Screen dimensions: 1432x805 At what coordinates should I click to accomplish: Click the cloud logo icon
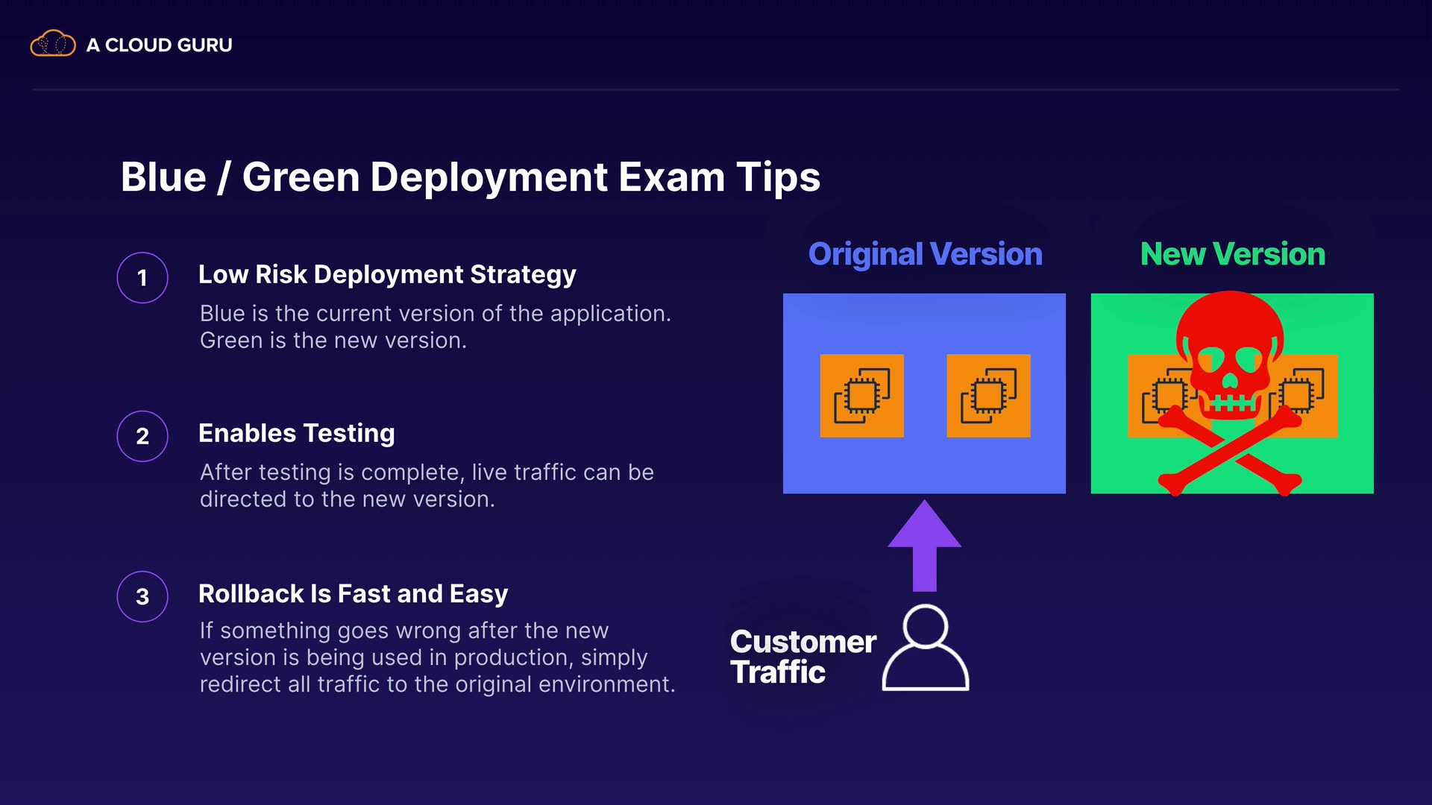[52, 44]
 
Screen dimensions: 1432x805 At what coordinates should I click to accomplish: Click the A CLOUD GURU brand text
[159, 45]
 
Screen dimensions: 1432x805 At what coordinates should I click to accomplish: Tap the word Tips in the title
[778, 177]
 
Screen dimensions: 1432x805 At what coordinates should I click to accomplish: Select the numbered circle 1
[142, 278]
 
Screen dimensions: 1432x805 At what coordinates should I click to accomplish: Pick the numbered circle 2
[142, 436]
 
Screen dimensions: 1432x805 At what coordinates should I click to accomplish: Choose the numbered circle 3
[142, 596]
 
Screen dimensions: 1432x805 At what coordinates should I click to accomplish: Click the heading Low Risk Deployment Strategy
[387, 274]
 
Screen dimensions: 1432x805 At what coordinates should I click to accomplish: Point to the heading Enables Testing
[296, 433]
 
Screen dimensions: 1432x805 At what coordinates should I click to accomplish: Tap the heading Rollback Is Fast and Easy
[353, 593]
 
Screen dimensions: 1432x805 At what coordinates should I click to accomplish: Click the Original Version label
[925, 254]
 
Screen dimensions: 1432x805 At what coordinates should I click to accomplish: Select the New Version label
[1232, 254]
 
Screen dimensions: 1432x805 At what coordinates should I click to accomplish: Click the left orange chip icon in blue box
[861, 396]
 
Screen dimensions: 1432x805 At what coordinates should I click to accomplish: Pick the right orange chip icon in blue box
[988, 396]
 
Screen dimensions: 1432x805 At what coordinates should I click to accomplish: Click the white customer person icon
[926, 648]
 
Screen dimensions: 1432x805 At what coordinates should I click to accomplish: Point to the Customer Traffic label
[803, 657]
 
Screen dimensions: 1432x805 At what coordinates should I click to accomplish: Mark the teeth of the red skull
[1231, 405]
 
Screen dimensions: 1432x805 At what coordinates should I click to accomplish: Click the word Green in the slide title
[301, 177]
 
